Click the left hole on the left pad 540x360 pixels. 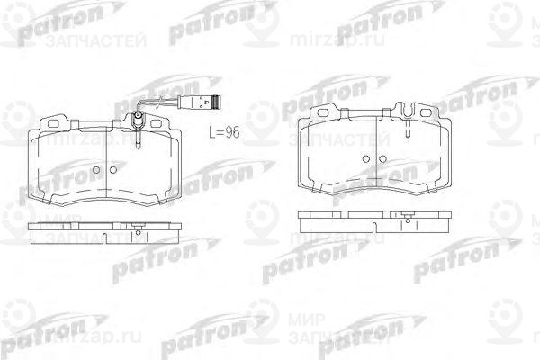pos(95,168)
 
